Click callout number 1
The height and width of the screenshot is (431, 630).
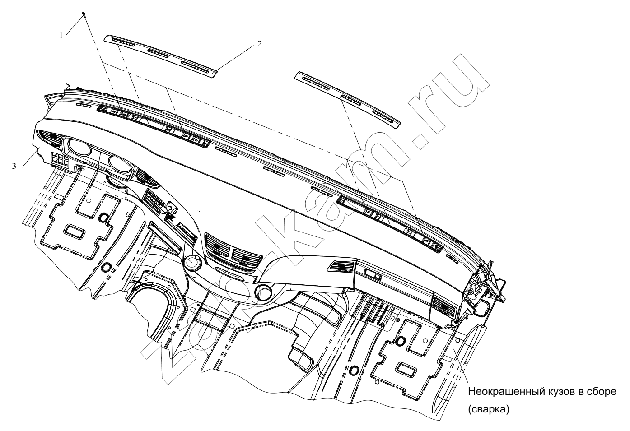[61, 36]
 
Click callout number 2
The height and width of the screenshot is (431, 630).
[259, 44]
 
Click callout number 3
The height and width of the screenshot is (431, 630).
[14, 166]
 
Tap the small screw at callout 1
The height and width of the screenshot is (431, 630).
[84, 14]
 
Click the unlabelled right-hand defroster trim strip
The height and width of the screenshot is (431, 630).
[348, 100]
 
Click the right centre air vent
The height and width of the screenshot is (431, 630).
[247, 257]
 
